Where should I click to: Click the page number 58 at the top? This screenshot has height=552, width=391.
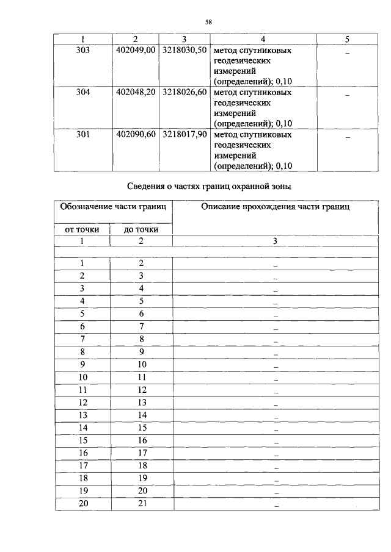tap(208, 23)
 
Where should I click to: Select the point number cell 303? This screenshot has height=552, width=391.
tap(82, 51)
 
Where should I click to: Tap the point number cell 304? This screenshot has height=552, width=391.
tap(82, 93)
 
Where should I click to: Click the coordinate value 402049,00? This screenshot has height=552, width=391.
tap(136, 51)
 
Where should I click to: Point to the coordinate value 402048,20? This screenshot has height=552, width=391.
tap(136, 93)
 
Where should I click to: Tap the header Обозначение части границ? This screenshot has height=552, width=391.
tap(114, 207)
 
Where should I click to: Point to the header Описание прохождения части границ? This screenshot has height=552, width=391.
tap(275, 207)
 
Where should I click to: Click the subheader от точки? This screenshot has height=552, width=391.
tap(82, 229)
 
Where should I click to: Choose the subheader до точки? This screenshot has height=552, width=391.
tap(141, 229)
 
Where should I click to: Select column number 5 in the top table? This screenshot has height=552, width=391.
tap(347, 40)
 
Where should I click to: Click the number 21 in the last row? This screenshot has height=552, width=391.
tap(141, 504)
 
